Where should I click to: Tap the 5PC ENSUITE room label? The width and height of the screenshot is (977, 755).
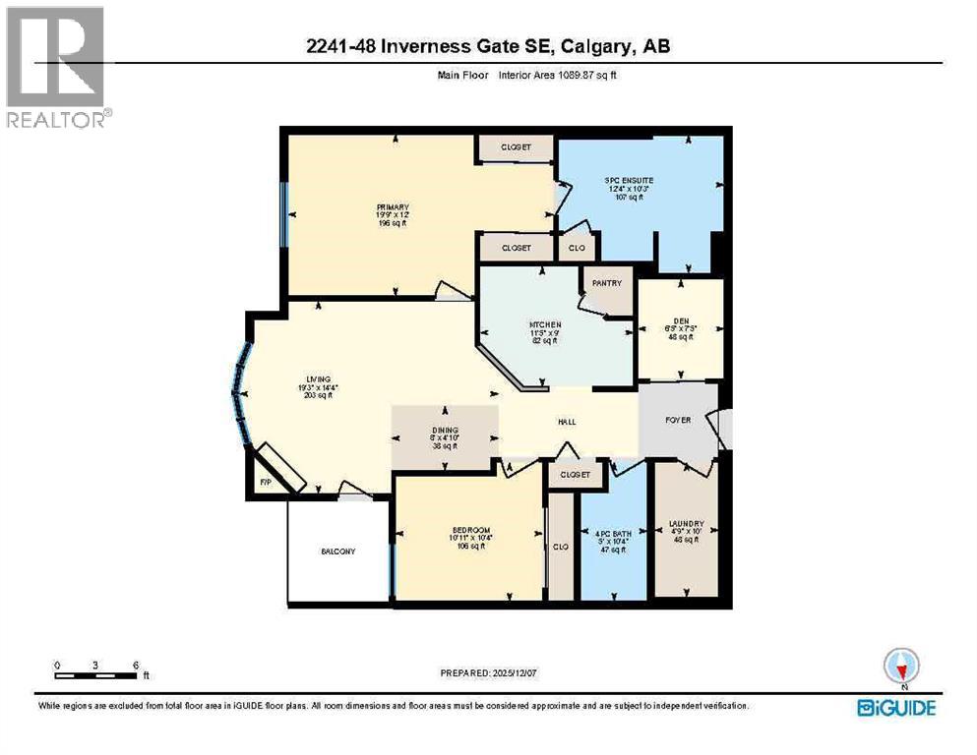[x=629, y=181]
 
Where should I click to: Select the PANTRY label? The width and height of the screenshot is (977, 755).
[x=607, y=283]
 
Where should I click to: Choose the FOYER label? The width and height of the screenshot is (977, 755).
[x=678, y=420]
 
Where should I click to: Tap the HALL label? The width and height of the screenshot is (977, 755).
[x=567, y=422]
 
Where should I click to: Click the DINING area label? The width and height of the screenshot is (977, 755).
[x=445, y=430]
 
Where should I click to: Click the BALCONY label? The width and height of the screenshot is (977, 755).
[x=338, y=552]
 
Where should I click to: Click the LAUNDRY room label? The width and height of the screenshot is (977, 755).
[x=686, y=524]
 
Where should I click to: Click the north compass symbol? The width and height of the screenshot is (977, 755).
[x=901, y=667]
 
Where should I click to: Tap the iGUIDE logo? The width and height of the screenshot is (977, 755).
[x=896, y=707]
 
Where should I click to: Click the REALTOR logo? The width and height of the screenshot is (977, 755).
[x=56, y=67]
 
